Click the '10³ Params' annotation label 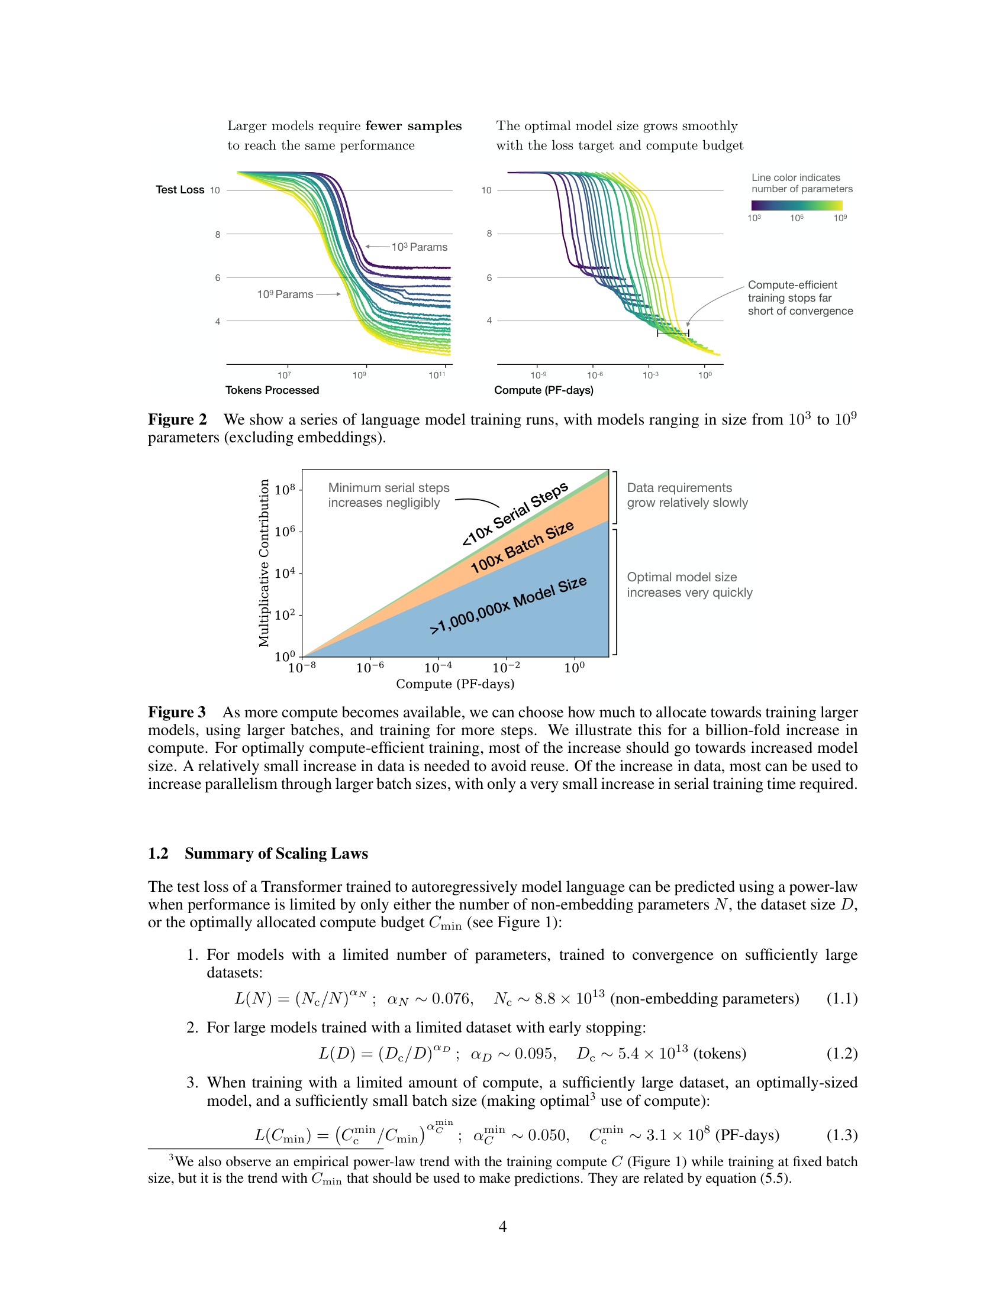[419, 247]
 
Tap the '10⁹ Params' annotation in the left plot [285, 294]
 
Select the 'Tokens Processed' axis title [272, 390]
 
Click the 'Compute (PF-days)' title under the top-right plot [543, 390]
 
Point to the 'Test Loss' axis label [180, 189]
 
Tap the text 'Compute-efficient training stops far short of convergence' [800, 298]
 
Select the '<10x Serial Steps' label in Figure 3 [515, 514]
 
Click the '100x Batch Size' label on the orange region [522, 546]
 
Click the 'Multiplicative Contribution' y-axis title [264, 563]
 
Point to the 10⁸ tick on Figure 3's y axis [285, 490]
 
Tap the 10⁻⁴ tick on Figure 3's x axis [438, 668]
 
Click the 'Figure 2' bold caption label [177, 420]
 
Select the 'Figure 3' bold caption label [177, 713]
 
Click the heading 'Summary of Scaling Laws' [276, 853]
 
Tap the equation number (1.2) [841, 1054]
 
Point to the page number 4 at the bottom [502, 1226]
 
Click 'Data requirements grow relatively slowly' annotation [686, 495]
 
